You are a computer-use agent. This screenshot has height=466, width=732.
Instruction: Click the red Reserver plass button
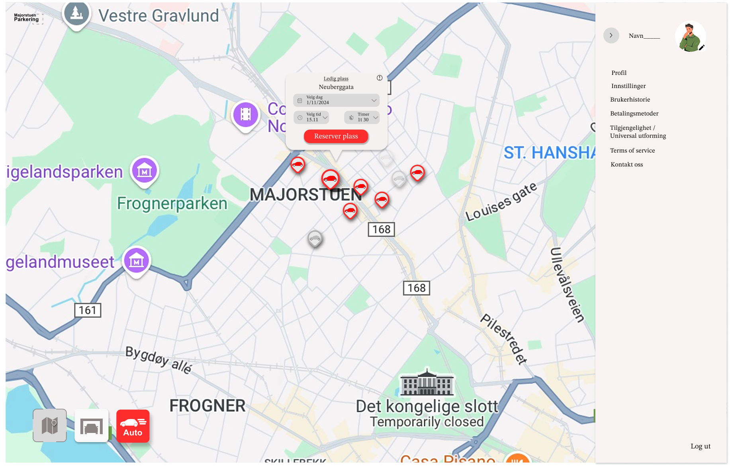point(336,136)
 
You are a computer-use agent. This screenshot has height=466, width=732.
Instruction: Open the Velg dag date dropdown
point(336,100)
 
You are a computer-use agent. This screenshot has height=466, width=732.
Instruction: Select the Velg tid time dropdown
point(311,117)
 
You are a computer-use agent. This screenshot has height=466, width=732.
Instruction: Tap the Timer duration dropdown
point(362,117)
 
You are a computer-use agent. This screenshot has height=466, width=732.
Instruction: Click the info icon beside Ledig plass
point(380,78)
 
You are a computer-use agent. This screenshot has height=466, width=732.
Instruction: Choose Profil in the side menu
point(619,73)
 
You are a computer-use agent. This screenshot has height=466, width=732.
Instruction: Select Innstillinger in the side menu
point(628,86)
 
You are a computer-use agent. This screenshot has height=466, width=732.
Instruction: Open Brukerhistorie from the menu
point(630,100)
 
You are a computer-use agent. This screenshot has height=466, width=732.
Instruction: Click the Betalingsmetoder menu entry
point(634,114)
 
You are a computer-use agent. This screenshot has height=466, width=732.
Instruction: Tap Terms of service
point(632,151)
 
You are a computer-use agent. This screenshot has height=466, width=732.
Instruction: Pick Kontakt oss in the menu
point(627,164)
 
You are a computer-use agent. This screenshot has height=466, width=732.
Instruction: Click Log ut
point(700,446)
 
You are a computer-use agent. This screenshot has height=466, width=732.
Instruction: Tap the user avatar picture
point(690,37)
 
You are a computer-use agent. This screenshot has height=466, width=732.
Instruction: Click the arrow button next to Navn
point(611,35)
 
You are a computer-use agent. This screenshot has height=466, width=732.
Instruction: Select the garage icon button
point(92,426)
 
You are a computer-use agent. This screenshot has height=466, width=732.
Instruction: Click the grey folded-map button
point(50,426)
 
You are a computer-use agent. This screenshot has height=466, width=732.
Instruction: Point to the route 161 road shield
point(88,310)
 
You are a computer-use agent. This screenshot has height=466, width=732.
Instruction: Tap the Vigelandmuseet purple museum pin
point(137,261)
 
